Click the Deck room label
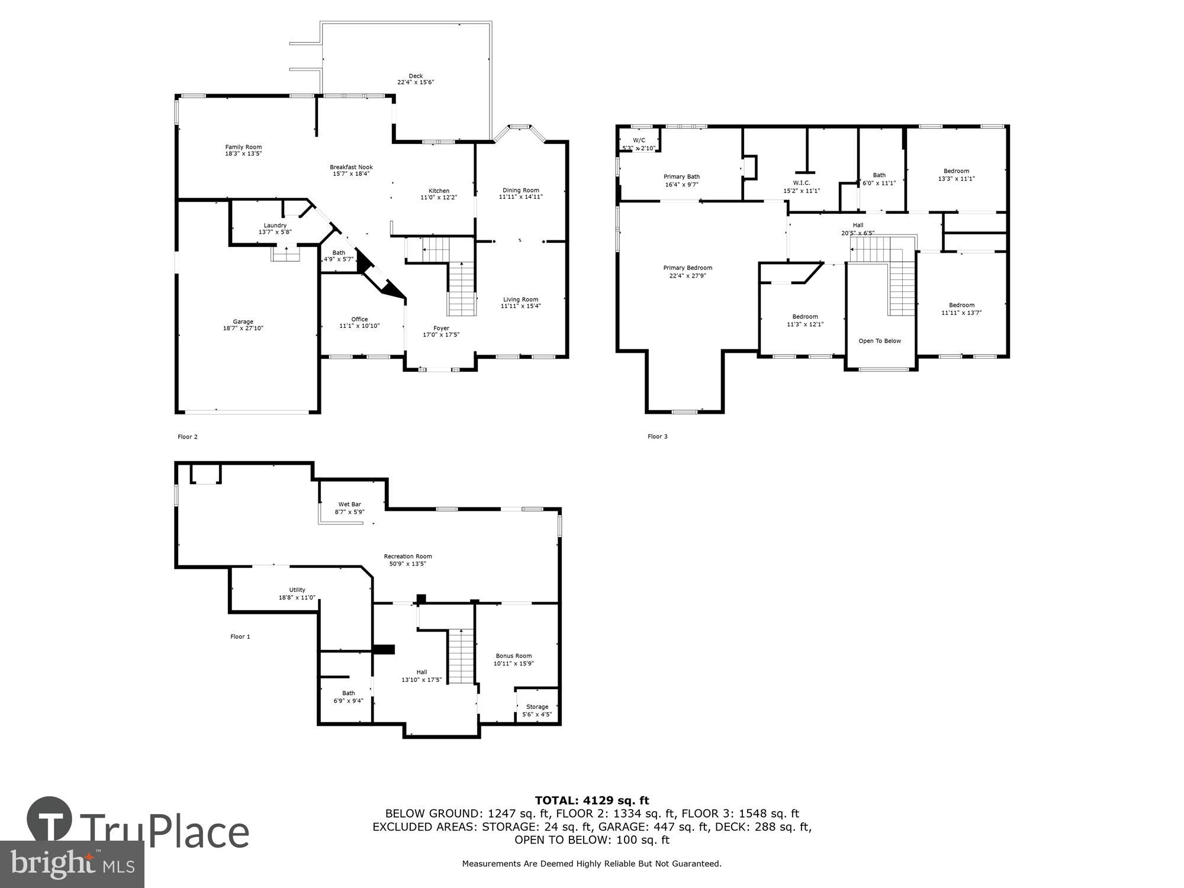pyautogui.click(x=416, y=76)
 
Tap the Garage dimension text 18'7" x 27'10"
pyautogui.click(x=243, y=328)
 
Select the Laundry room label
pyautogui.click(x=275, y=226)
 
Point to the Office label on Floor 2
pyautogui.click(x=359, y=319)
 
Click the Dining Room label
pyautogui.click(x=520, y=190)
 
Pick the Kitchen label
pyautogui.click(x=439, y=191)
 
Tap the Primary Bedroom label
pyautogui.click(x=687, y=268)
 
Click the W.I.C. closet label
pyautogui.click(x=801, y=183)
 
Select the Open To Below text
pyautogui.click(x=880, y=341)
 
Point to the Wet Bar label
pyautogui.click(x=349, y=504)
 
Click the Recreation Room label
pyautogui.click(x=407, y=556)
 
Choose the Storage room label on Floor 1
pyautogui.click(x=537, y=707)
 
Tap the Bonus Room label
pyautogui.click(x=513, y=656)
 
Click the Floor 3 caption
pyautogui.click(x=657, y=437)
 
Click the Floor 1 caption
pyautogui.click(x=240, y=637)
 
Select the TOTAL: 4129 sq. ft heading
pyautogui.click(x=591, y=801)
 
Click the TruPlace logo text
pyautogui.click(x=164, y=832)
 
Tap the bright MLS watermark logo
pyautogui.click(x=72, y=864)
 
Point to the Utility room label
pyautogui.click(x=297, y=590)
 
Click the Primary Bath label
pyautogui.click(x=681, y=176)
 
